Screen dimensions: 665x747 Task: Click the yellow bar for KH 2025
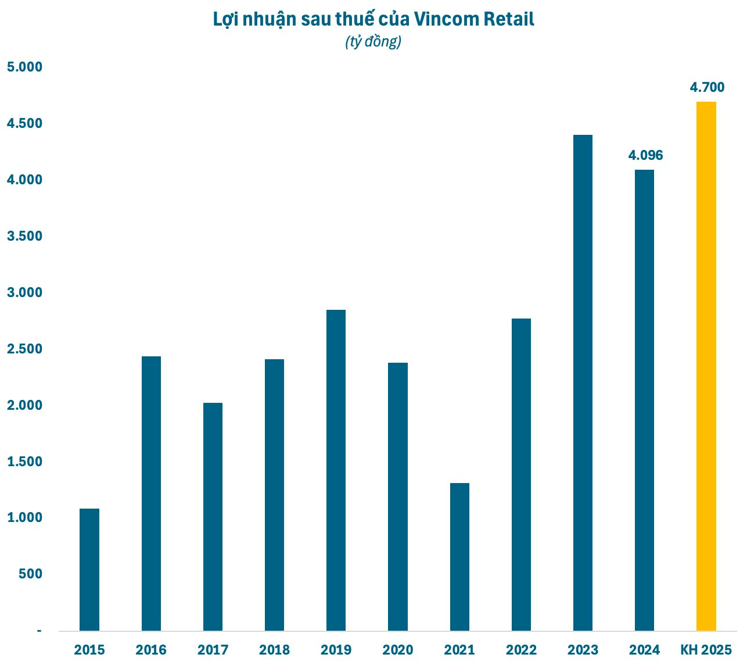click(706, 366)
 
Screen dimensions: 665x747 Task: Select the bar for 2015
click(89, 570)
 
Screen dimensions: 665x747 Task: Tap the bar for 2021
click(459, 557)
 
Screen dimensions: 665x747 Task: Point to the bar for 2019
click(336, 470)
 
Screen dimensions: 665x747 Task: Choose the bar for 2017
click(213, 517)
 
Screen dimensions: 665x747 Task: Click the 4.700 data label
click(707, 88)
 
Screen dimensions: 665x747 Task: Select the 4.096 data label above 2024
click(645, 156)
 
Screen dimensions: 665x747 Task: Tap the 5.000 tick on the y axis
click(24, 67)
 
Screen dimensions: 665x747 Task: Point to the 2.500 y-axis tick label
click(24, 349)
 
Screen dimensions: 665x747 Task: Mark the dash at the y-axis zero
click(39, 631)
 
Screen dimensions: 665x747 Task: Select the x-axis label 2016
click(151, 650)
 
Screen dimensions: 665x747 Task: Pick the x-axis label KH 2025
click(706, 650)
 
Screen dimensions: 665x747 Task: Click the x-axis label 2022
click(521, 650)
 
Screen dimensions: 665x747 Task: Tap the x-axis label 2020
click(398, 650)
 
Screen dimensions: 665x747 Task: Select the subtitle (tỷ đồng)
click(373, 42)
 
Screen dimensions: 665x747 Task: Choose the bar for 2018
click(274, 495)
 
